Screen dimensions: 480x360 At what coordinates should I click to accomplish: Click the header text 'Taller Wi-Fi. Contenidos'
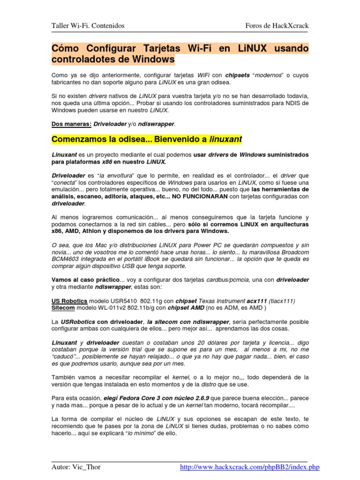tap(88, 26)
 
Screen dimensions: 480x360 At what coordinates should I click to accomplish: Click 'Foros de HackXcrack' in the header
tap(277, 26)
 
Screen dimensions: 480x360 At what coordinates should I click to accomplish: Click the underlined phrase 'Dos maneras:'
tap(71, 124)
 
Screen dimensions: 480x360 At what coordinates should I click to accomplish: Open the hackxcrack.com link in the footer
tap(250, 467)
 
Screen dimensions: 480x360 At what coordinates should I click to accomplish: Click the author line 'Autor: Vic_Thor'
tap(76, 467)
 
